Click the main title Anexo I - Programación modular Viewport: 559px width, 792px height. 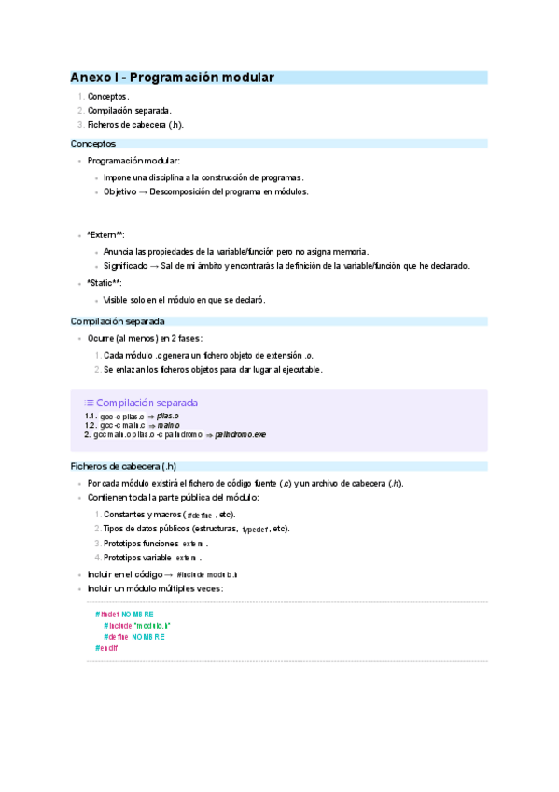coord(173,78)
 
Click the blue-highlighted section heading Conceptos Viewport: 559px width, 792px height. coord(93,144)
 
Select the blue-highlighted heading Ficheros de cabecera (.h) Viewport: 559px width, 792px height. coord(124,465)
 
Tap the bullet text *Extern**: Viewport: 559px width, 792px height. coord(105,235)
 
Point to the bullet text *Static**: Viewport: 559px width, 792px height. coord(105,283)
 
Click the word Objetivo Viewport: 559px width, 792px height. coord(119,191)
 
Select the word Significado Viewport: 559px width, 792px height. coord(129,266)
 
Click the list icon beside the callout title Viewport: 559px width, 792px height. coord(89,403)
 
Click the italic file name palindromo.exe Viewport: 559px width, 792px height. coord(240,434)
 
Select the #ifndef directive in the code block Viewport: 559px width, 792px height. coord(105,614)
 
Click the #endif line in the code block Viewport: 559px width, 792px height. coord(106,647)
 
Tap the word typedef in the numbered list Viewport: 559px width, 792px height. coord(255,530)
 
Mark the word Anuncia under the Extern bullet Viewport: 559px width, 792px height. coord(119,251)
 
